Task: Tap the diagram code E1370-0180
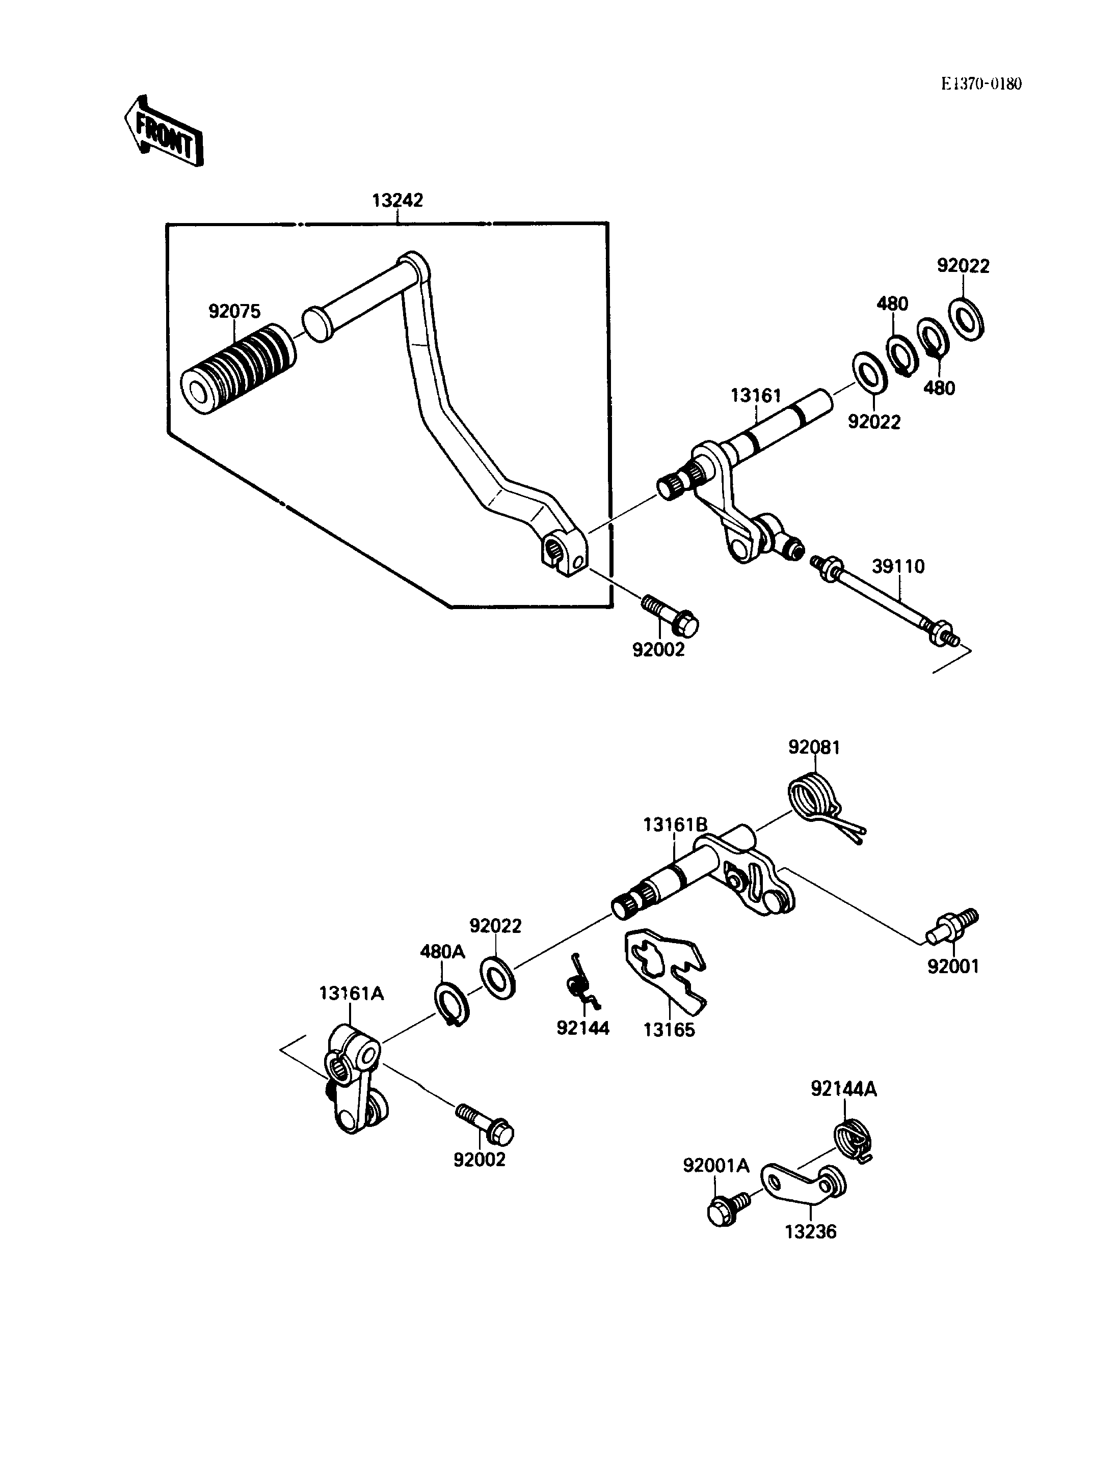click(981, 84)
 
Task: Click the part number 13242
click(397, 200)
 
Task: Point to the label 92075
click(235, 311)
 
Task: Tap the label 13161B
click(676, 824)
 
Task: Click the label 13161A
click(352, 1011)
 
